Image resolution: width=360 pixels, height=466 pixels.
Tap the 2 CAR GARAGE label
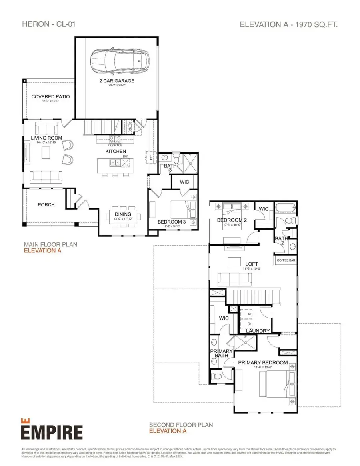coord(117,81)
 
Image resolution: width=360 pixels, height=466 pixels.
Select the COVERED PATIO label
coord(50,96)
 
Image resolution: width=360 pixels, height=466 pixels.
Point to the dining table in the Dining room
coord(123,216)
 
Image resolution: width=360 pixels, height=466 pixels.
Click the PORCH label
coord(46,204)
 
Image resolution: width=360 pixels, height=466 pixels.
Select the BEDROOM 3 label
coord(171,222)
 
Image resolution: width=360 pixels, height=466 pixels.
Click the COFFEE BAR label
coord(286,260)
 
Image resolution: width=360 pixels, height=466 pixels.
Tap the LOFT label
coord(252,264)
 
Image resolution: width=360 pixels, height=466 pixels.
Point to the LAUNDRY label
coord(258,330)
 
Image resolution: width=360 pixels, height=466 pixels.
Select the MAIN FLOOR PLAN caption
coord(50,244)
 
